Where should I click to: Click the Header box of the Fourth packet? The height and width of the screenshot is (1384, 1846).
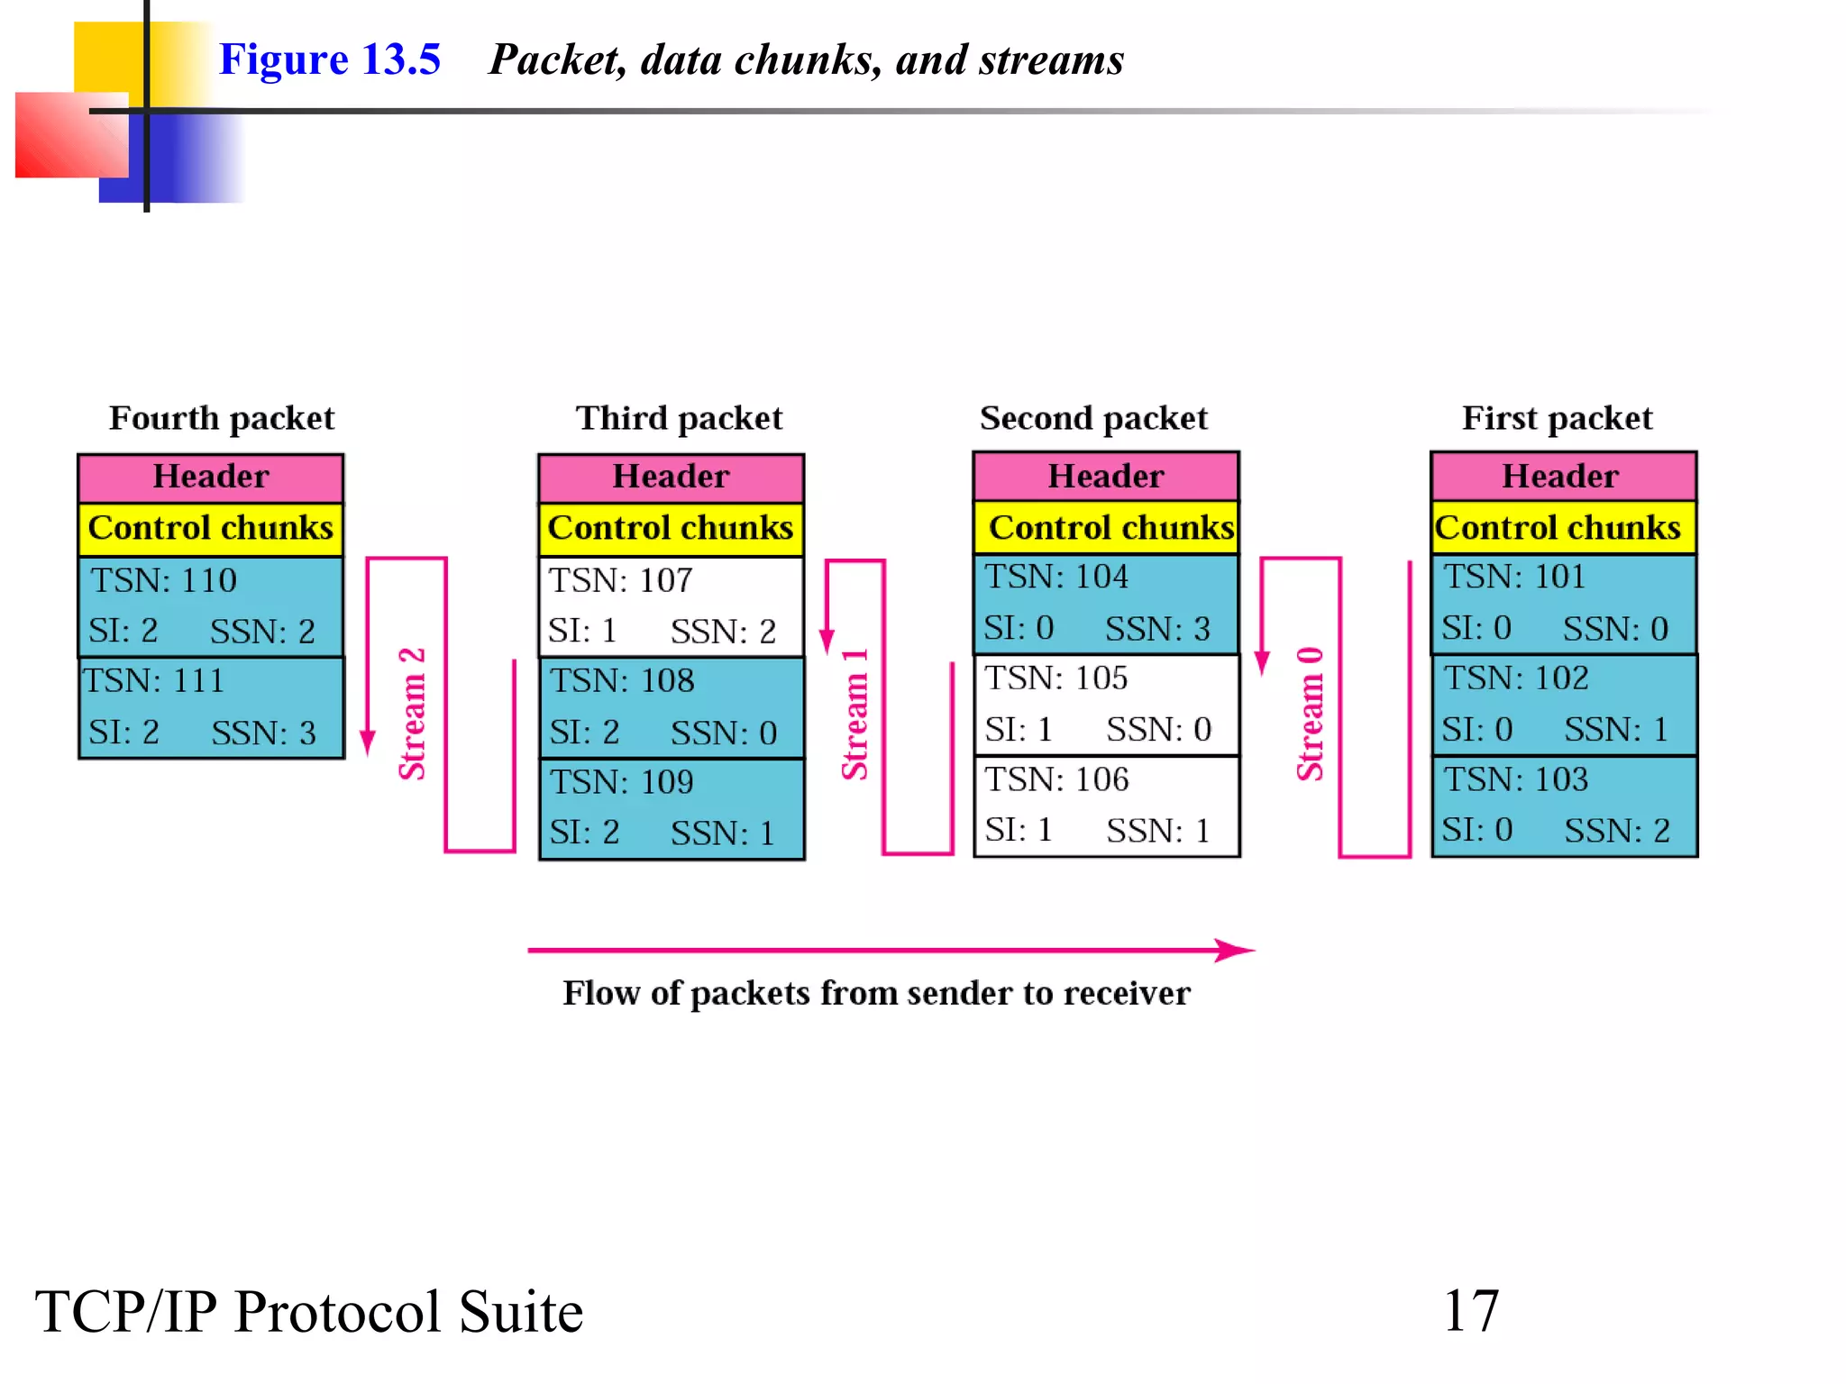(x=211, y=477)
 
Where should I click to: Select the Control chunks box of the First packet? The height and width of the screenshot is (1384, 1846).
(x=1563, y=528)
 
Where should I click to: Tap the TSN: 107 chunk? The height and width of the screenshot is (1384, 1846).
(x=671, y=606)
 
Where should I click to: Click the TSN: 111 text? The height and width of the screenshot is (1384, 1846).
(x=154, y=681)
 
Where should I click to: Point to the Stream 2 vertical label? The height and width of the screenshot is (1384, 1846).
(x=412, y=714)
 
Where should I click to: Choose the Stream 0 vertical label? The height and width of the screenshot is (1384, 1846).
(x=1310, y=714)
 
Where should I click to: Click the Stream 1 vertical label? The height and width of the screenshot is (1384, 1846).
(x=854, y=714)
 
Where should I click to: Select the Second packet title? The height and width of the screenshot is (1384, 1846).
(x=1093, y=418)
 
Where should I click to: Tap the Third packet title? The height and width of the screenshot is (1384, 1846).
(x=679, y=418)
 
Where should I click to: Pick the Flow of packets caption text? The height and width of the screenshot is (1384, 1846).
(x=876, y=993)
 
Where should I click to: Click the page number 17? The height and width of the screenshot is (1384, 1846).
(x=1470, y=1310)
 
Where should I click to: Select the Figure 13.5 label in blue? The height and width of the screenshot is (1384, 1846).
(x=329, y=59)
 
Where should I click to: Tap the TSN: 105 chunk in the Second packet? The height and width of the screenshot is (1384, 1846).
(x=1106, y=705)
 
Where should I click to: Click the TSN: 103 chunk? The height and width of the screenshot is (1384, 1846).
(x=1564, y=806)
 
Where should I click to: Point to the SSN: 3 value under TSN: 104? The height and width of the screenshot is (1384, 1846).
(x=1157, y=629)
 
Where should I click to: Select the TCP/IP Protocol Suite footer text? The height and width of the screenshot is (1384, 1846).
(x=309, y=1311)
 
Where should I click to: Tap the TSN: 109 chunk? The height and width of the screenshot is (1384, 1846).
(x=671, y=808)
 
